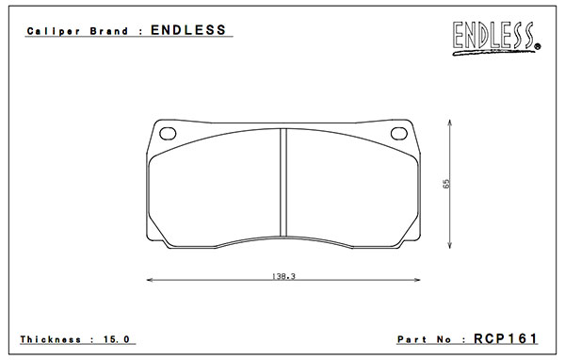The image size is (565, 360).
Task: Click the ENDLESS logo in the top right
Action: [x=496, y=39]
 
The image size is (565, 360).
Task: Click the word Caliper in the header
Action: [x=54, y=31]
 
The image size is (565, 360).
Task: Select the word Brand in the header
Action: [x=109, y=31]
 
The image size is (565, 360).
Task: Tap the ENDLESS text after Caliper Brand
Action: [x=188, y=30]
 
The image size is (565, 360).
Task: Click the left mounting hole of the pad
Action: [x=168, y=134]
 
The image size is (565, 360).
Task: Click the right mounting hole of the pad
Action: [x=399, y=134]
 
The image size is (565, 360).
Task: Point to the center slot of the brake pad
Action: [x=283, y=183]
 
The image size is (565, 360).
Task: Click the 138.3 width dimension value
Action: [x=283, y=276]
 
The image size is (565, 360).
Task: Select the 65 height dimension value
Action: [x=446, y=184]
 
